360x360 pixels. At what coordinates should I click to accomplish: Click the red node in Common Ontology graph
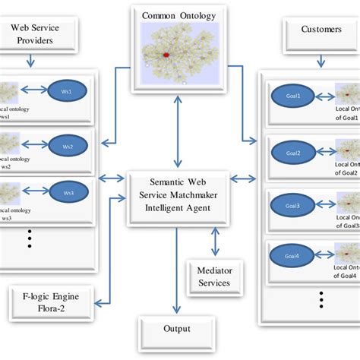pos(167,55)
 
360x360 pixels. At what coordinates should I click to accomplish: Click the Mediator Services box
pos(214,276)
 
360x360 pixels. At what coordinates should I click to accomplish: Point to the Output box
pos(177,330)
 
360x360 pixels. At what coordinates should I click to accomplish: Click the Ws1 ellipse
pos(68,92)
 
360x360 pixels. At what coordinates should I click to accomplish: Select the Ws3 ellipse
pos(68,193)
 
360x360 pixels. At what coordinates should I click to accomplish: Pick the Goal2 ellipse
pos(294,153)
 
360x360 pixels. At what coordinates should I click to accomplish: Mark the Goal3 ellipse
pos(294,205)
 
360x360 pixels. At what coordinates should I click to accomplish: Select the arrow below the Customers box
pos(319,59)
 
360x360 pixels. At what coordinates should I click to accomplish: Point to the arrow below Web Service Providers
pos(30,61)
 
